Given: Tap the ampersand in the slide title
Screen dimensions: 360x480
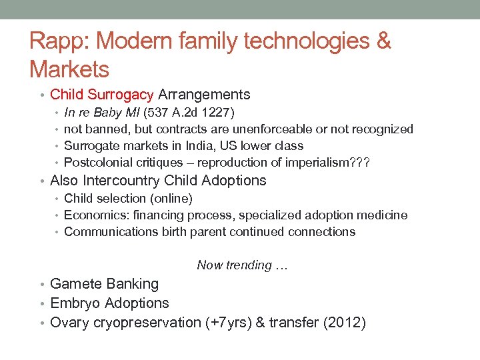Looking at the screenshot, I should (x=383, y=41).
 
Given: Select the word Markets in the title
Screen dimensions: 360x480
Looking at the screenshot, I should (x=69, y=69).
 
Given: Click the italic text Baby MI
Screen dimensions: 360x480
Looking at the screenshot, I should (x=117, y=112).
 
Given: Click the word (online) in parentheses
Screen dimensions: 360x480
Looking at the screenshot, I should (x=172, y=199).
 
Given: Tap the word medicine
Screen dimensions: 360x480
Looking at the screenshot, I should (x=383, y=215).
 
